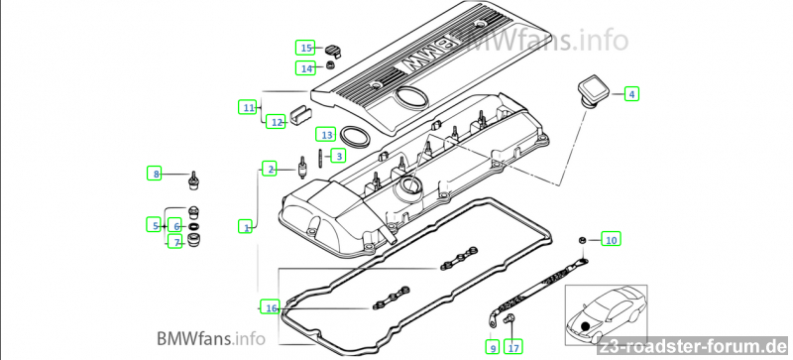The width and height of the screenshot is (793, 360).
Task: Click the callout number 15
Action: [305, 49]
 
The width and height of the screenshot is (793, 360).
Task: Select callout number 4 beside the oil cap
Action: [631, 93]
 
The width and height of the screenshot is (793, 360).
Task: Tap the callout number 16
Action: [271, 307]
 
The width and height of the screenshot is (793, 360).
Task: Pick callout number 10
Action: [612, 239]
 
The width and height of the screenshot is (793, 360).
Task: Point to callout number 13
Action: [326, 135]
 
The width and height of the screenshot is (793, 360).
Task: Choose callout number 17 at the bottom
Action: [513, 347]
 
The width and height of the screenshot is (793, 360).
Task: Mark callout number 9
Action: [492, 347]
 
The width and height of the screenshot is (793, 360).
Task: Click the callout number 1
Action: [246, 226]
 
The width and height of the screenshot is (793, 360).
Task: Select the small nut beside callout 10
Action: [582, 239]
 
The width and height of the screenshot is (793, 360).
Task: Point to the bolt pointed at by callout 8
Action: [193, 181]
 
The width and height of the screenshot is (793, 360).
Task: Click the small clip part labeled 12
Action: [299, 115]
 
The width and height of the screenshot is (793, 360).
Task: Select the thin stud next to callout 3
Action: [320, 158]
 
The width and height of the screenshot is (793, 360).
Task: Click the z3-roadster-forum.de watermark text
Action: [693, 347]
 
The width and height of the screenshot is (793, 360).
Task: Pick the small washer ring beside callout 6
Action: [194, 226]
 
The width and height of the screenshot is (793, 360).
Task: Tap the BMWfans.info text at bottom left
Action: [211, 338]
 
